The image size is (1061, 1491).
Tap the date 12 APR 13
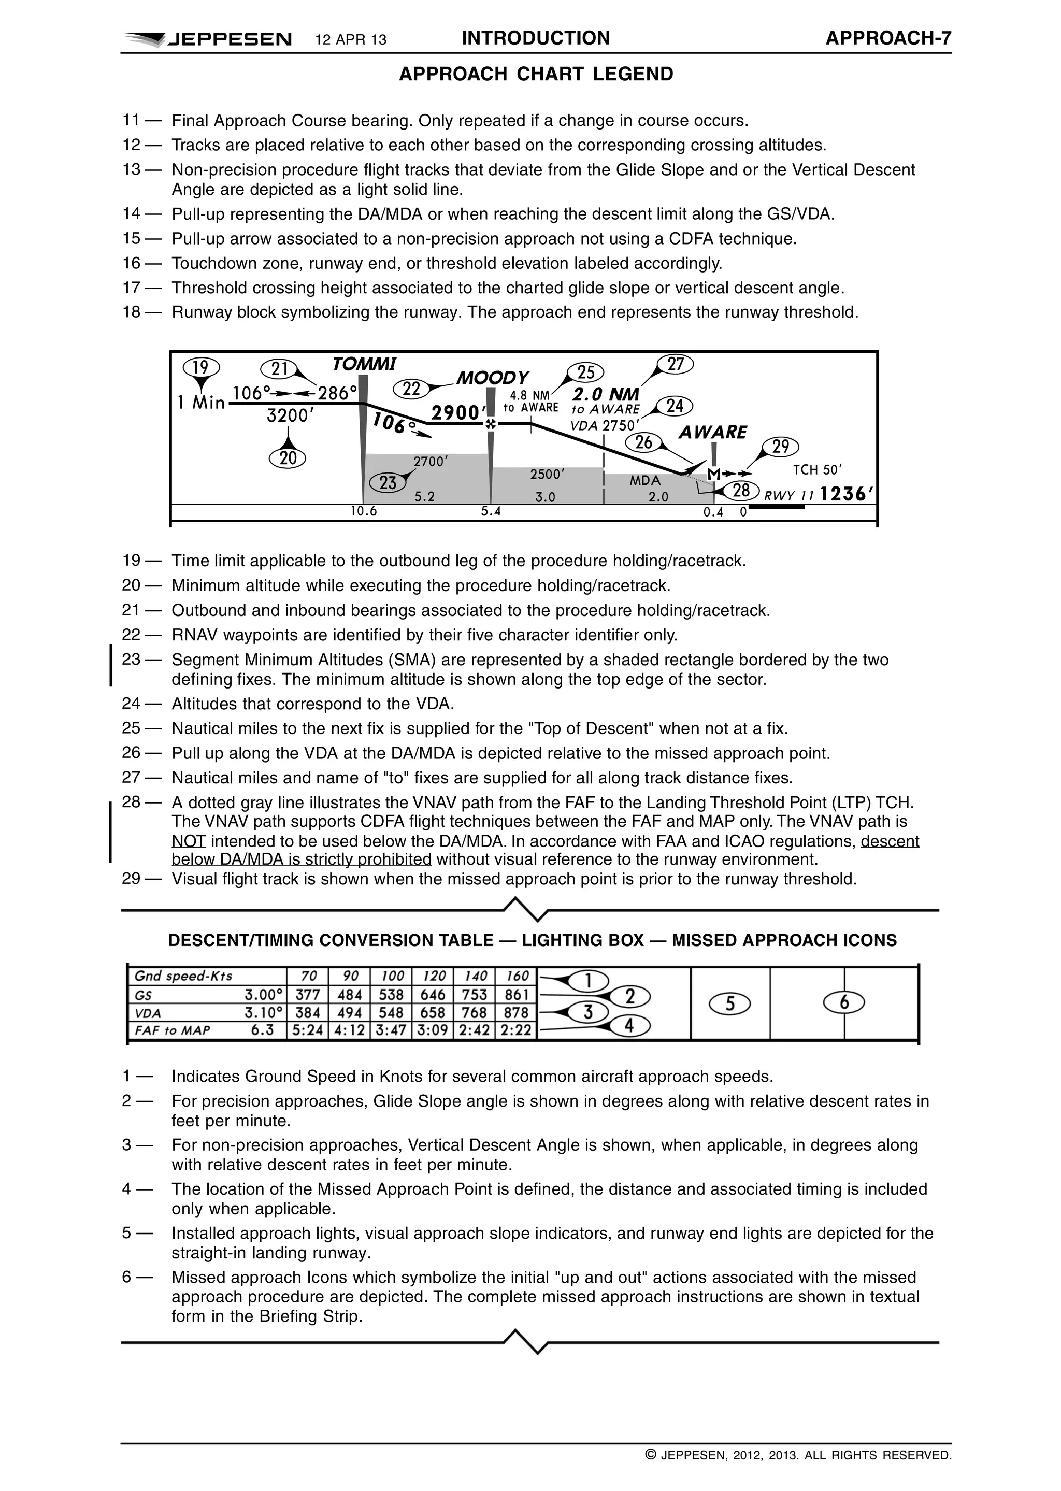tap(351, 40)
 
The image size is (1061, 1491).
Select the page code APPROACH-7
tap(888, 38)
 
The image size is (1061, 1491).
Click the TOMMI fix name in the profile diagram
tap(364, 363)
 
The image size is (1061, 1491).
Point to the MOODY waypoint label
tap(492, 378)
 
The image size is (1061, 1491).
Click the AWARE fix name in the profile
tap(712, 432)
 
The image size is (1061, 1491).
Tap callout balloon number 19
tap(201, 368)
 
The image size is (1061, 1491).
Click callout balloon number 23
tap(388, 482)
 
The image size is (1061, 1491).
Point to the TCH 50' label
tap(818, 469)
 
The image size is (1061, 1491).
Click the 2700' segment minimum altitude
tap(430, 461)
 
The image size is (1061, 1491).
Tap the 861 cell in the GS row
tap(517, 995)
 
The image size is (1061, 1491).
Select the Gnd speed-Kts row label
tap(183, 976)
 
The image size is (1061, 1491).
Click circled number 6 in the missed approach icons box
tap(844, 1002)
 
